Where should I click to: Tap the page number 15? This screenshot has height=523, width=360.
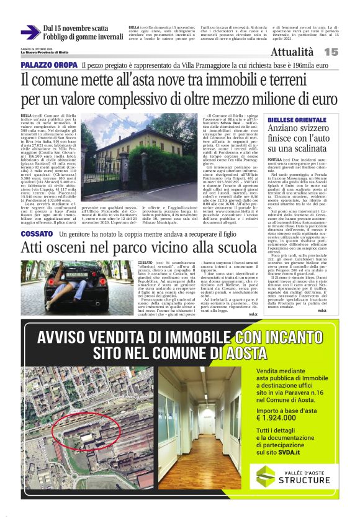pos(331,52)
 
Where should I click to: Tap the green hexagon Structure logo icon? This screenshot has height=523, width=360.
pos(266,477)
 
